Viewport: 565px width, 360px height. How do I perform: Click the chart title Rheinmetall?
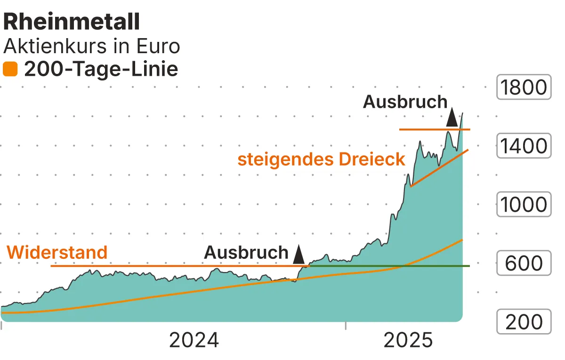coord(72,22)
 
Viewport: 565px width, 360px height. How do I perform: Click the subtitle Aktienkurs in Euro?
coord(91,47)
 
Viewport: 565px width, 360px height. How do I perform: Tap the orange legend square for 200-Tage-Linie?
coord(10,70)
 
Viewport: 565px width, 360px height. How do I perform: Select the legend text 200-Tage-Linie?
coord(101,70)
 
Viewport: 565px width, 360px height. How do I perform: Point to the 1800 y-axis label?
coord(524,88)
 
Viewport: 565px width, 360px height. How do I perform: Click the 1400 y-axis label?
coord(524,146)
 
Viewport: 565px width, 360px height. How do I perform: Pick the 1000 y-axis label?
coord(524,205)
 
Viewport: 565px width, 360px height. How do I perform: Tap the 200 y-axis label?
coord(524,322)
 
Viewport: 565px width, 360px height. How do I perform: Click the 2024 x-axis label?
coord(194,340)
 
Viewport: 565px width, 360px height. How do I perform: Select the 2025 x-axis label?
coord(408,340)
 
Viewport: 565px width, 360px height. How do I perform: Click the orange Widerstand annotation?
coord(57,253)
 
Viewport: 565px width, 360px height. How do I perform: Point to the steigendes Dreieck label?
coord(321,159)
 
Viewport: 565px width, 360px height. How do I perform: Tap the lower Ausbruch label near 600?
coord(246,253)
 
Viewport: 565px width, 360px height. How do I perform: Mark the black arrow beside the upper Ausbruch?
coord(452,117)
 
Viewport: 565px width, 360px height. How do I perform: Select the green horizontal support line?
coord(391,266)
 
